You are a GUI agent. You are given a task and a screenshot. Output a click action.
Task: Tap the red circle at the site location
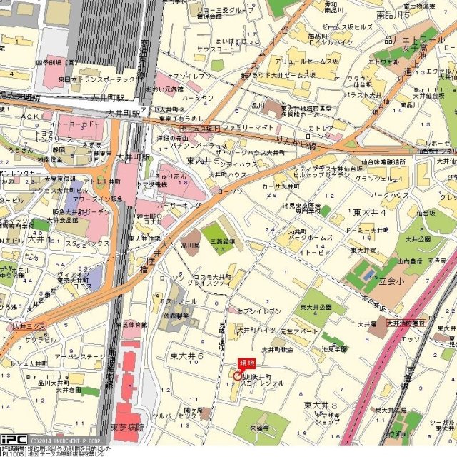[x=238, y=375]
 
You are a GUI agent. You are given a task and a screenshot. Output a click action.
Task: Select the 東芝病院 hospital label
[x=127, y=427]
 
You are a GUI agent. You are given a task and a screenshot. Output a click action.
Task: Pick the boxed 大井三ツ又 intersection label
[x=29, y=326]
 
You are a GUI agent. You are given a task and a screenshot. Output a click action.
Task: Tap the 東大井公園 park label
[x=316, y=307]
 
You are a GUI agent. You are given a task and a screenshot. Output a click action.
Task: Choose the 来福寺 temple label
[x=259, y=428]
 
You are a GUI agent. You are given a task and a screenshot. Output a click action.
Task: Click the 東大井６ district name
[x=187, y=356]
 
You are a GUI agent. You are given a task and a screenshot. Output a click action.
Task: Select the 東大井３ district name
[x=319, y=406]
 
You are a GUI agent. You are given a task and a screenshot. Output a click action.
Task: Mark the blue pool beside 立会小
[x=368, y=271]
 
